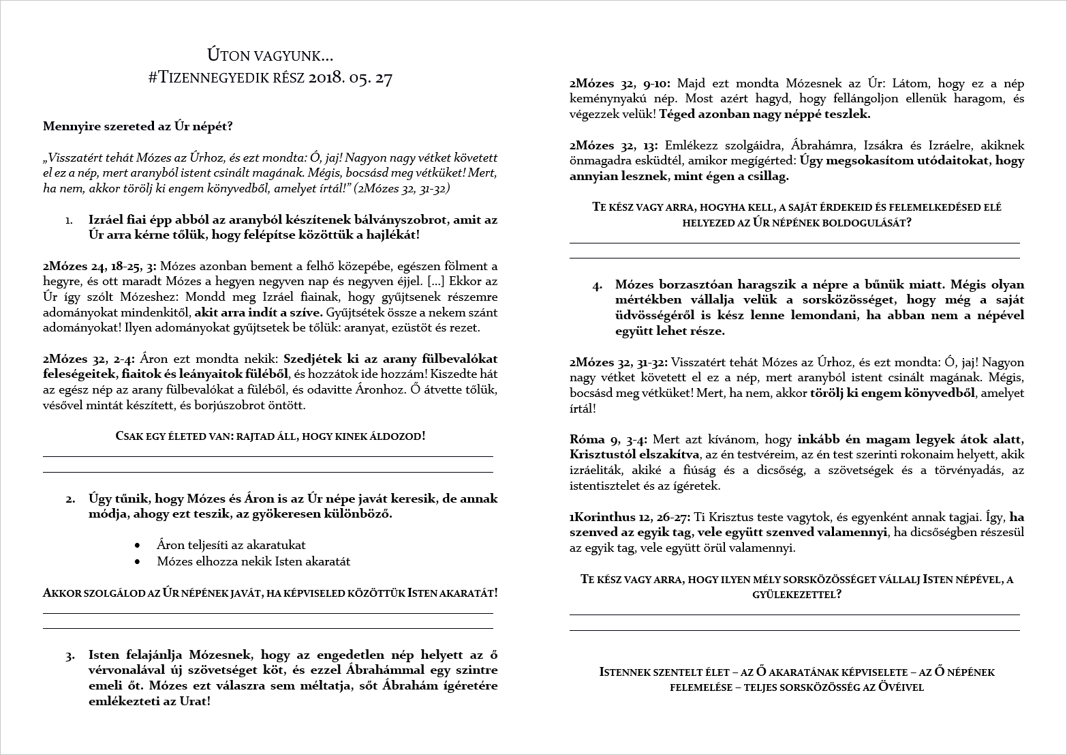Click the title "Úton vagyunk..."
[270, 56]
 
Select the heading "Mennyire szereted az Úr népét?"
[138, 126]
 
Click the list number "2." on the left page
[70, 499]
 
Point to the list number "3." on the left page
[70, 656]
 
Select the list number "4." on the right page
[597, 286]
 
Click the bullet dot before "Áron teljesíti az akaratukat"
[139, 546]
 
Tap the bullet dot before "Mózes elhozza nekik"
[139, 562]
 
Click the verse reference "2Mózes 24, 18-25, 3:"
[99, 266]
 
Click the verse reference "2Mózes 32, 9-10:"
[620, 84]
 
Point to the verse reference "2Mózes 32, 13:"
[614, 145]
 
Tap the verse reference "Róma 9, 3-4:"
[608, 439]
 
